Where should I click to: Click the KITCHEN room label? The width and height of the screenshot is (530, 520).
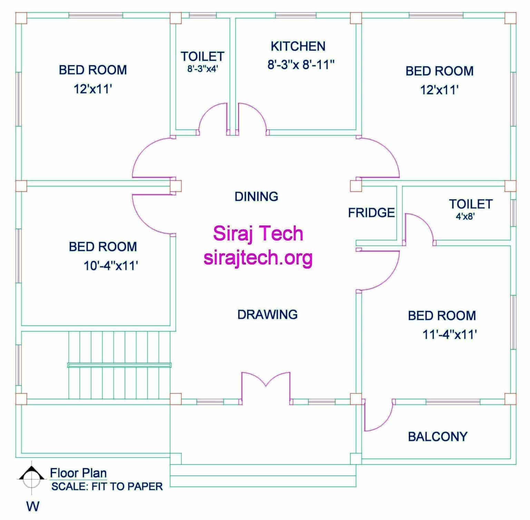298,46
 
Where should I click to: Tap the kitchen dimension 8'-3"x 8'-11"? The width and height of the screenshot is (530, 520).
301,65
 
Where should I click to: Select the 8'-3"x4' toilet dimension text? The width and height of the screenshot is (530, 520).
203,69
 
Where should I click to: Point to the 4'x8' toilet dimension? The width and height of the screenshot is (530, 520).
465,217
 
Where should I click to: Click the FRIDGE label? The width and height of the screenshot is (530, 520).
371,213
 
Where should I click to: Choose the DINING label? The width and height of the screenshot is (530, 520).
256,197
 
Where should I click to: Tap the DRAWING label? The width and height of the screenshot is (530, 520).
267,314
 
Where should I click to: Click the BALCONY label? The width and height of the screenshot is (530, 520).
438,437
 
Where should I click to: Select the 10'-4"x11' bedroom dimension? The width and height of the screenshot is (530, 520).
111,266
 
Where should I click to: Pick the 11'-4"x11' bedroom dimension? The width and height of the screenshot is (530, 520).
450,335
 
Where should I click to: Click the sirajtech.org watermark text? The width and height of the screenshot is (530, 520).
258,258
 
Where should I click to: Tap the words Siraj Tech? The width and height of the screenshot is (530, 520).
258,234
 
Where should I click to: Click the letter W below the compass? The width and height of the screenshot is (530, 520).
33,506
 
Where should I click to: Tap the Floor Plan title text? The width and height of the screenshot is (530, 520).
78,473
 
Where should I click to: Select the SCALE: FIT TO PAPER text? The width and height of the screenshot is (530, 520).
107,487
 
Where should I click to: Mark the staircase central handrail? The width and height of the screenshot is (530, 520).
119,365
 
